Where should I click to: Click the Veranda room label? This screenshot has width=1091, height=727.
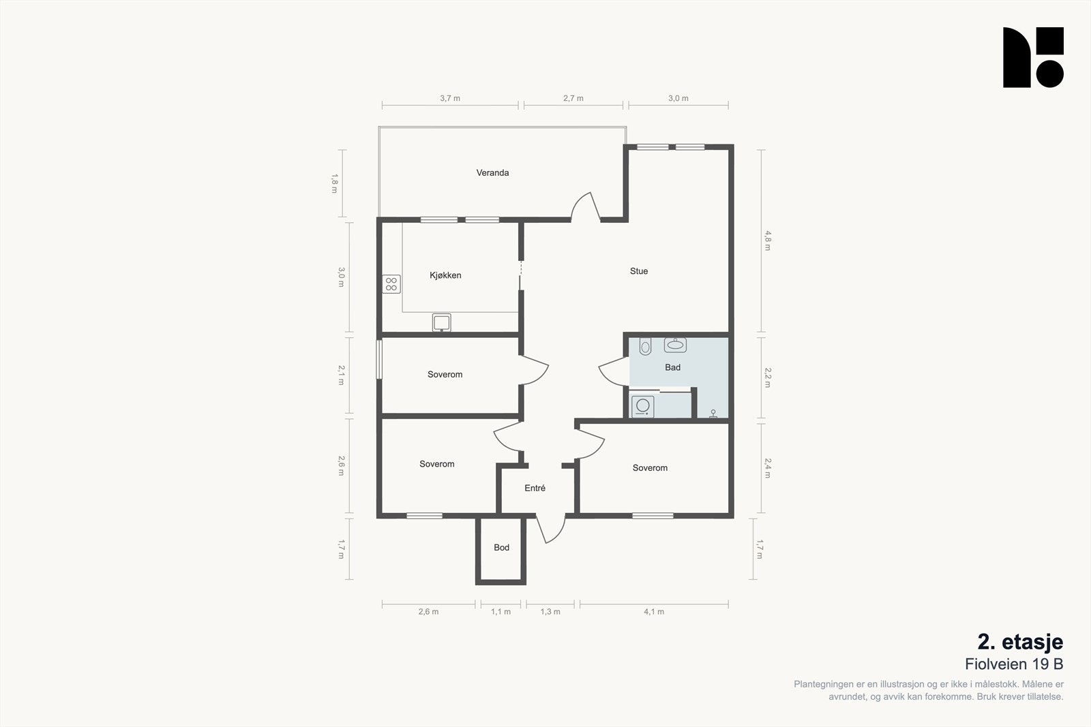492,173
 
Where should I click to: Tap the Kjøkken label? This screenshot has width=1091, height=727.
445,275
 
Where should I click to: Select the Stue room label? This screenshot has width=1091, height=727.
638,271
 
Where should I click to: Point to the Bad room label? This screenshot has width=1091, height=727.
672,367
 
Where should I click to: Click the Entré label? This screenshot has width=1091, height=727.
535,488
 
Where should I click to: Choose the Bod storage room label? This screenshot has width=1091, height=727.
501,547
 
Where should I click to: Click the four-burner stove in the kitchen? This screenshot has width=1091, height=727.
391,284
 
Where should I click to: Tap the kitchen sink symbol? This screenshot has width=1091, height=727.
441,323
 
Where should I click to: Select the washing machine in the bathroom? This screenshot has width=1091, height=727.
643,406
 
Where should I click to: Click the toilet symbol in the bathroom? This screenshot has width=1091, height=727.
645,345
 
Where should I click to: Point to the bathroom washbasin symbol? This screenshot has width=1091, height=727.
675,345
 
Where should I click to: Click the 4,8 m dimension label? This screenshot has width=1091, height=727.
768,241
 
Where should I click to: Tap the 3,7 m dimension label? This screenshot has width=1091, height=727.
450,98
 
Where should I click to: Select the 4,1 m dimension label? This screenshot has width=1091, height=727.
654,612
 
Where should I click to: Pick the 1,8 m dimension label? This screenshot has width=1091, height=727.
335,183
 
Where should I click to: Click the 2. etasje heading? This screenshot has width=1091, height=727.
1020,643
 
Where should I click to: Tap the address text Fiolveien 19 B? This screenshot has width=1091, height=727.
1014,664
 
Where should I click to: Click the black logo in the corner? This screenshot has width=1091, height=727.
1033,57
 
